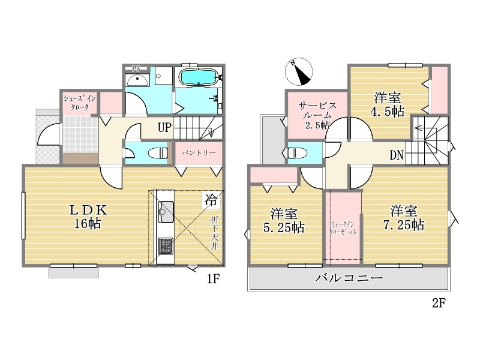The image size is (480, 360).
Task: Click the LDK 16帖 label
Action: (88, 217)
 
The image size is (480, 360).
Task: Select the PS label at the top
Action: (136, 69)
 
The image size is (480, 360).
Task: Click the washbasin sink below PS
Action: (137, 80)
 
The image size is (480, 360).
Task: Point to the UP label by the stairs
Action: (164, 127)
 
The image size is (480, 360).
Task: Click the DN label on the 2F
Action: (397, 155)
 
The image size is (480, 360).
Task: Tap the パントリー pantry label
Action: (199, 153)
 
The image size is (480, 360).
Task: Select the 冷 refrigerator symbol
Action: (211, 200)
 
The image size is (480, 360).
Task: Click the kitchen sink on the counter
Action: (166, 212)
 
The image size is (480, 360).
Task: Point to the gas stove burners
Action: (166, 246)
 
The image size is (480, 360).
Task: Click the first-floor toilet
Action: (158, 153)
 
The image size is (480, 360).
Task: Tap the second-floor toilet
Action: (298, 153)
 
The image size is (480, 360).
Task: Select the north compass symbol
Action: (299, 71)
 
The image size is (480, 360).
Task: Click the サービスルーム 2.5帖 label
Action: (317, 115)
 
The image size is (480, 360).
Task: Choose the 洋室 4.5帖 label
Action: (387, 104)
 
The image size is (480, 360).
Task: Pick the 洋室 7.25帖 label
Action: (404, 218)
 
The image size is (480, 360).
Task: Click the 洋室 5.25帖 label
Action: (284, 220)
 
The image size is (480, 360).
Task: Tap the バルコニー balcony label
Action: (349, 278)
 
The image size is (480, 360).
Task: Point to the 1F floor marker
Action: (213, 279)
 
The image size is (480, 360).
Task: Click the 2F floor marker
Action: (439, 303)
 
